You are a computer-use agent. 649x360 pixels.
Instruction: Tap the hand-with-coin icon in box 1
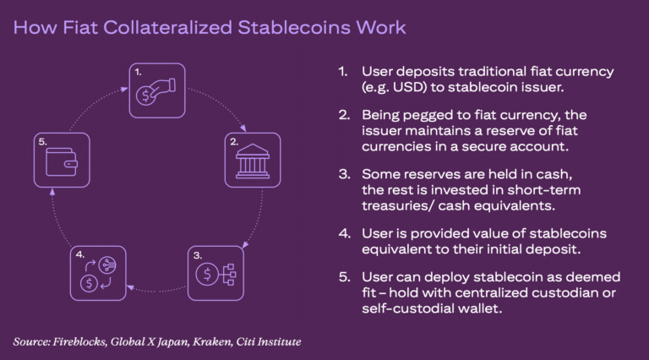pyautogui.click(x=155, y=91)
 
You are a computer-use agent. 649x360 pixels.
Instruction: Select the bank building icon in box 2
pyautogui.click(x=253, y=161)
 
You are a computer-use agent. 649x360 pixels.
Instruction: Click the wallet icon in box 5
pyautogui.click(x=62, y=162)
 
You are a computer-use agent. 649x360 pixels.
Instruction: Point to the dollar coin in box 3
pyautogui.click(x=207, y=274)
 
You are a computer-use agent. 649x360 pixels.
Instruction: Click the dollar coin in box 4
pyautogui.click(x=89, y=283)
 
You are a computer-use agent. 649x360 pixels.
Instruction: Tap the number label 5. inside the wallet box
pyautogui.click(x=42, y=141)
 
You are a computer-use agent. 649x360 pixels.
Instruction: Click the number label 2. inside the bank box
pyautogui.click(x=234, y=141)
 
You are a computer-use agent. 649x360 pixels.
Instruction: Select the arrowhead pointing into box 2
pyautogui.click(x=243, y=128)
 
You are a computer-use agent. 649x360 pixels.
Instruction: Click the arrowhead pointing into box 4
pyautogui.click(x=130, y=286)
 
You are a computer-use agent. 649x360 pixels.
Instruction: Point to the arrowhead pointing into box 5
pyautogui.click(x=52, y=192)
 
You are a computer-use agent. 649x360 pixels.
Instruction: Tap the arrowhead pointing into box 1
pyautogui.click(x=124, y=89)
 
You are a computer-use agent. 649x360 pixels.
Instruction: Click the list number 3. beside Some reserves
pyautogui.click(x=345, y=174)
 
